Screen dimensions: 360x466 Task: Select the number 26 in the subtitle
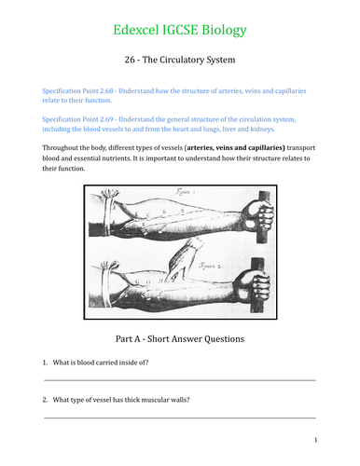(131, 62)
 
